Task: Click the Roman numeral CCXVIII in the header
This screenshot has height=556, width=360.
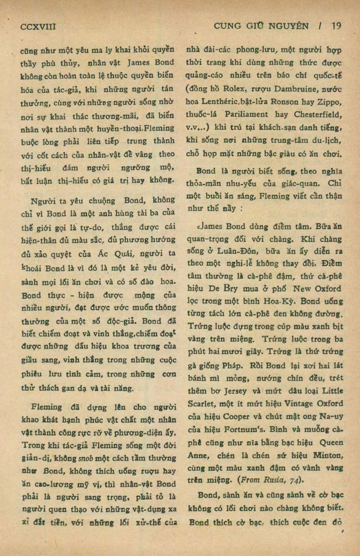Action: click(38, 26)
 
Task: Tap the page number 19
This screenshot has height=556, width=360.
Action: click(336, 26)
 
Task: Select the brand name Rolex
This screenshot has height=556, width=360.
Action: click(235, 89)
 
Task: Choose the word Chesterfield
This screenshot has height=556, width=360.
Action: click(318, 114)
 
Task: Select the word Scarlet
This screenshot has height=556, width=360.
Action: click(202, 404)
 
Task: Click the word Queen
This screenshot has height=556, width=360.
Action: click(331, 442)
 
